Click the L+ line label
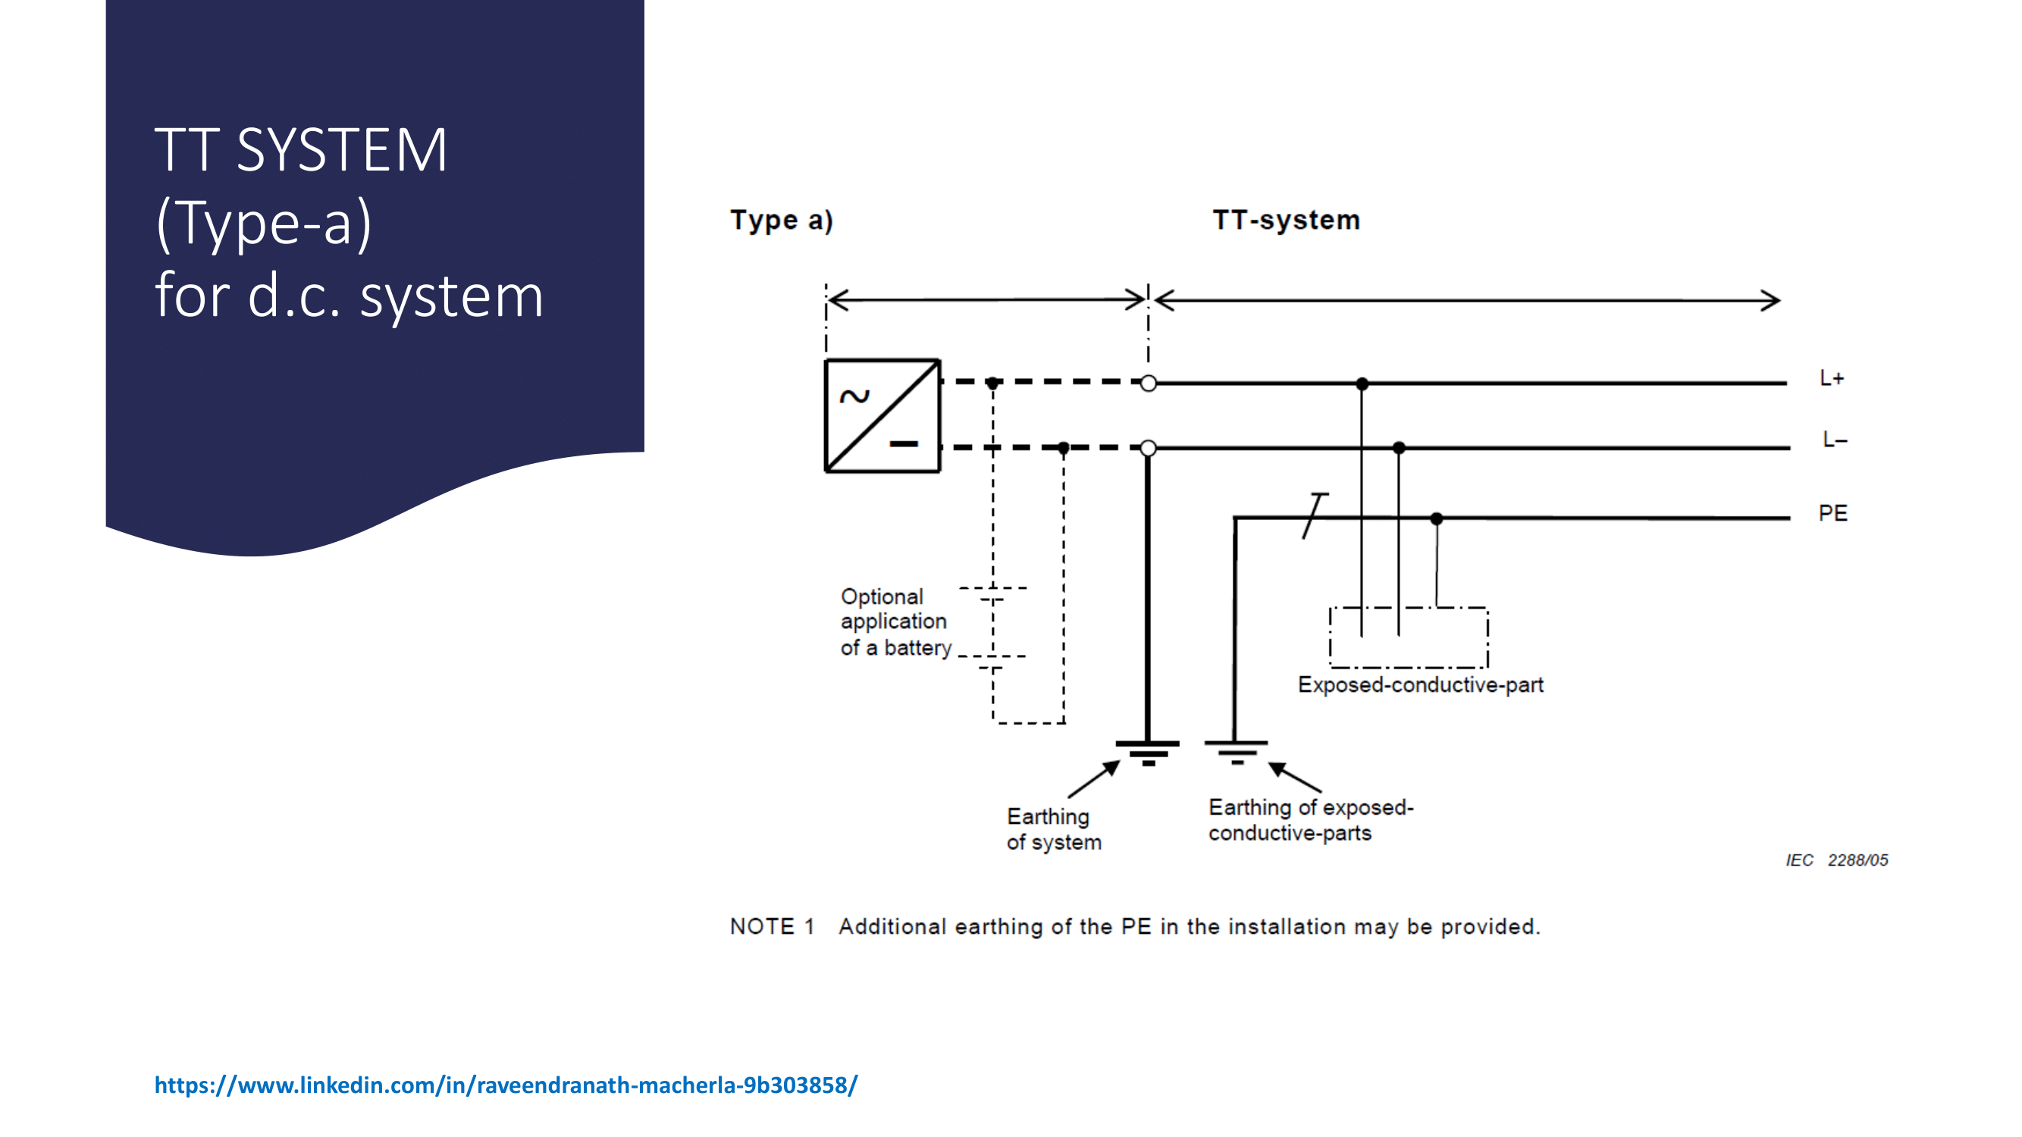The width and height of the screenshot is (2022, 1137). [1831, 378]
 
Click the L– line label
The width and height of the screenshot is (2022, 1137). [1835, 440]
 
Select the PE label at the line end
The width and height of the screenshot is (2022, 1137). [1832, 513]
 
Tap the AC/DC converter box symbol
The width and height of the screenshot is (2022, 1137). [882, 416]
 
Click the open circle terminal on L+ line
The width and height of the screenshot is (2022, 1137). [1149, 383]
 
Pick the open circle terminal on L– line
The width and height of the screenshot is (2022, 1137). [1149, 448]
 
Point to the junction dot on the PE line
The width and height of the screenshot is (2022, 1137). [1437, 518]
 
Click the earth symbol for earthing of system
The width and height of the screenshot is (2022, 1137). [1148, 752]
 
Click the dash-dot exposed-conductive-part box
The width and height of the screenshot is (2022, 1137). [1409, 637]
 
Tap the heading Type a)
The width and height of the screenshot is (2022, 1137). [781, 221]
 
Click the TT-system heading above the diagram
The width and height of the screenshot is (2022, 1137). [1286, 220]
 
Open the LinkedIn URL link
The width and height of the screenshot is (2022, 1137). [506, 1085]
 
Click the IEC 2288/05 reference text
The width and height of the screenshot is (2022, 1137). [1837, 860]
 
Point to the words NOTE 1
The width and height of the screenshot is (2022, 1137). [772, 927]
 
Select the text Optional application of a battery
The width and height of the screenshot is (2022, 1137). [895, 622]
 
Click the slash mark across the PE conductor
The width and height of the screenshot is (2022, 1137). [1315, 515]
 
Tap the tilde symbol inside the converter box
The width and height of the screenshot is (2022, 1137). [854, 396]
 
